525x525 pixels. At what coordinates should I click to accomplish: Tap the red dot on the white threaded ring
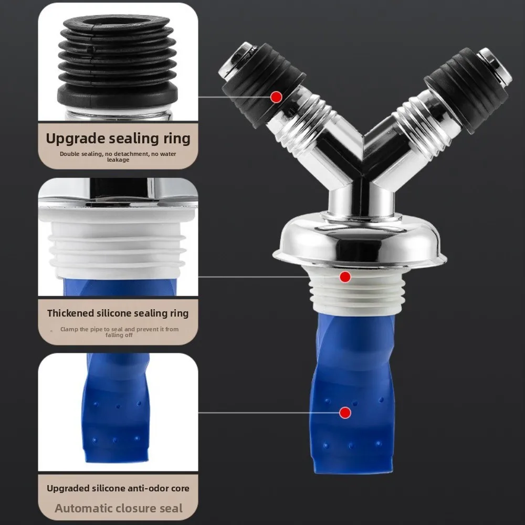pos(345,276)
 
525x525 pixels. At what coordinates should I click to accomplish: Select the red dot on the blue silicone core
pos(345,413)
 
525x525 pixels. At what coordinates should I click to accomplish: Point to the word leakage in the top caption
pos(118,160)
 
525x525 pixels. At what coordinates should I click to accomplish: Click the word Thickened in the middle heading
pos(71,313)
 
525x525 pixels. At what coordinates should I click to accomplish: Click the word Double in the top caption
pos(69,154)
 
